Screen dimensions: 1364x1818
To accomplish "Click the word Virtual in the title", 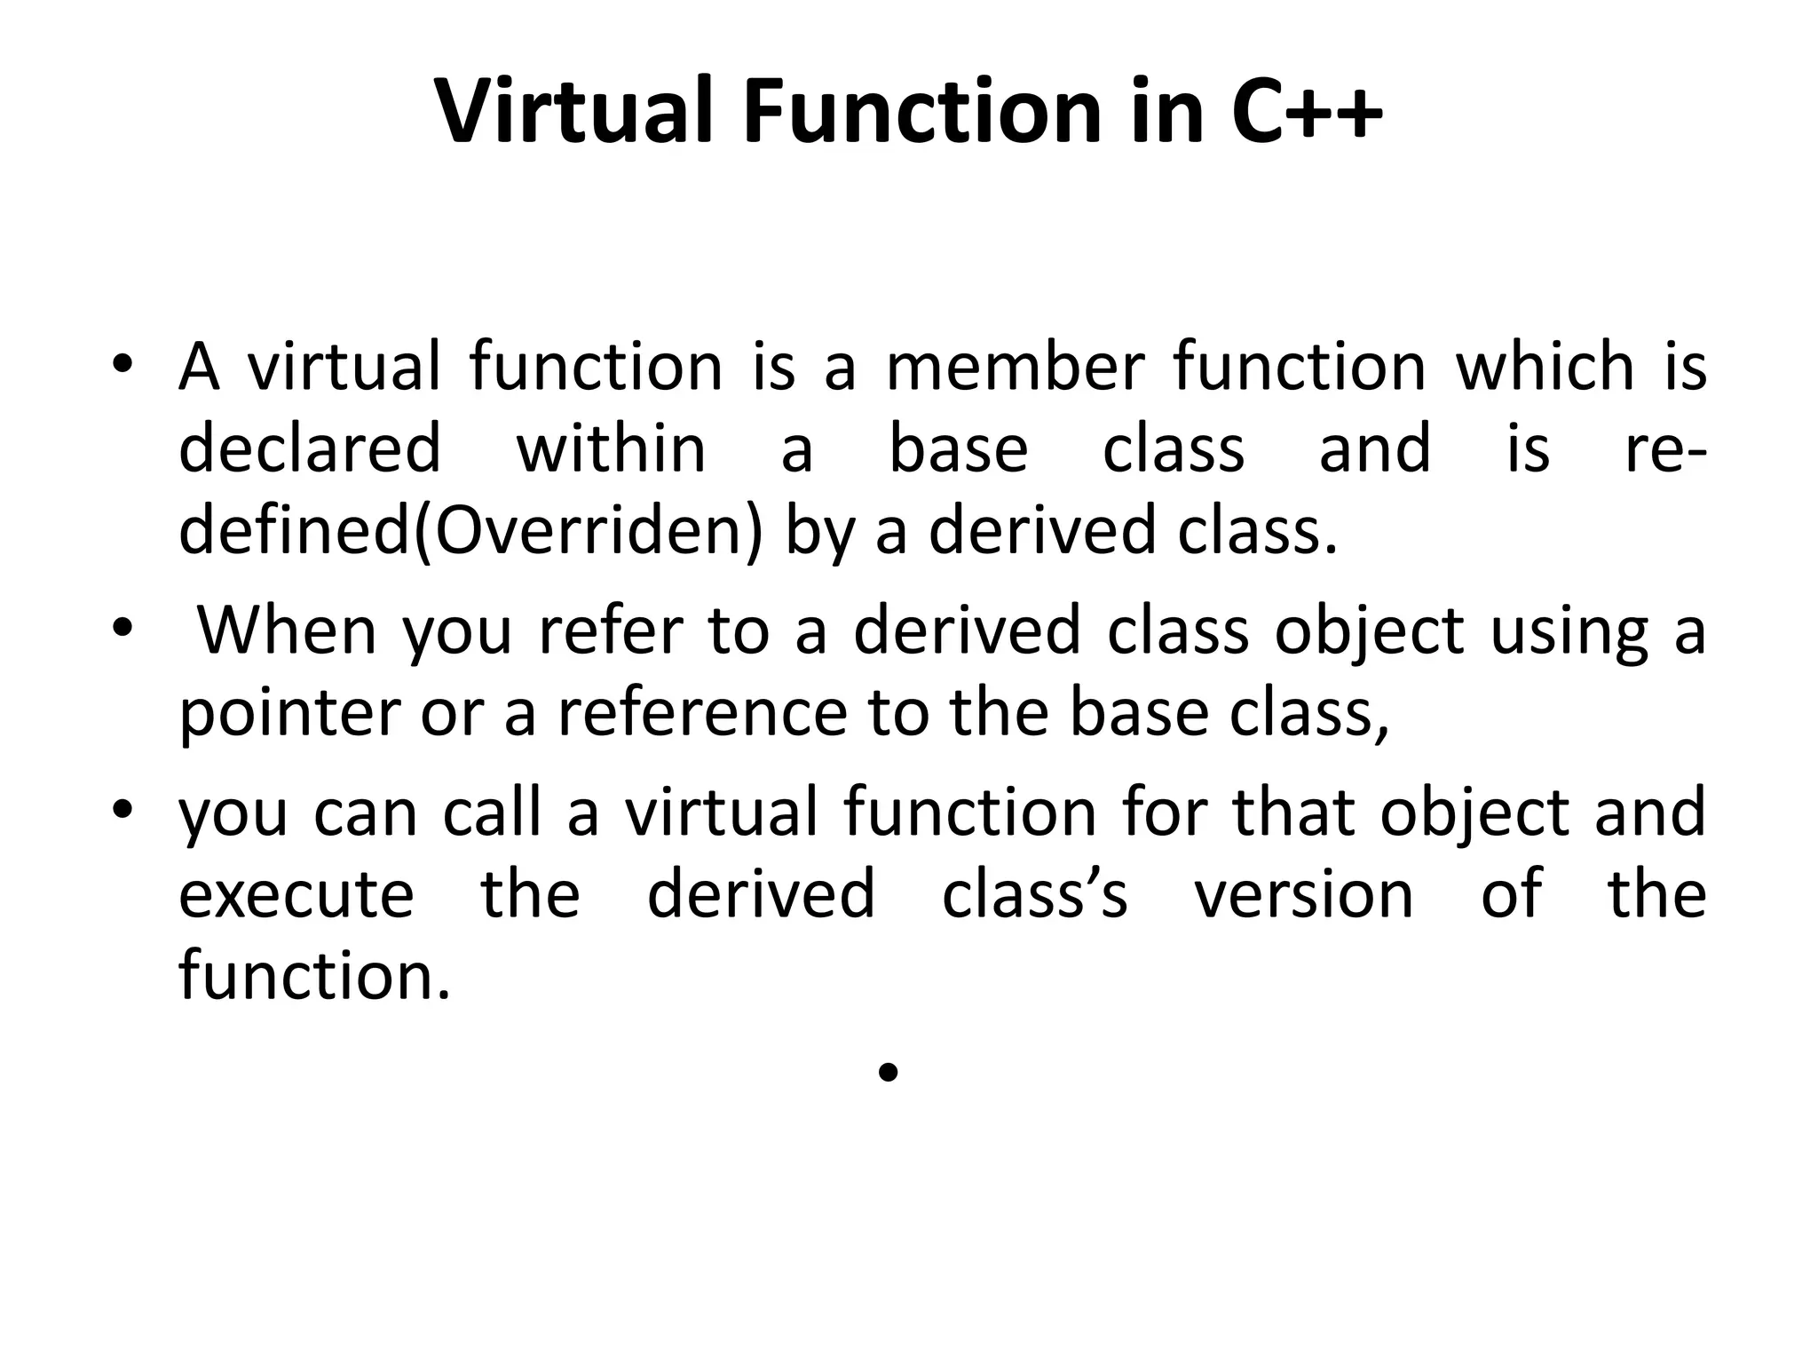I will pos(573,112).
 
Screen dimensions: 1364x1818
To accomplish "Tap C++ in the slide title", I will pos(1307,112).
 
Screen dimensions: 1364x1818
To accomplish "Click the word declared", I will pos(310,448).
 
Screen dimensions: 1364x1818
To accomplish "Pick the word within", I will pos(611,448).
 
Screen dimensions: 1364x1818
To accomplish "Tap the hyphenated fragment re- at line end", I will pos(1665,448).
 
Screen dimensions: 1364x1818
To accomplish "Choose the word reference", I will pos(702,713).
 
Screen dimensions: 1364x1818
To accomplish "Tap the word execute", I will pos(296,895).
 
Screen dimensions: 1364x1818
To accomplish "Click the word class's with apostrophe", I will pos(1034,895).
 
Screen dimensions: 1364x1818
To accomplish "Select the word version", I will pos(1303,895).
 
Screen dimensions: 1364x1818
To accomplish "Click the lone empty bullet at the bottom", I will pos(887,1074).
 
